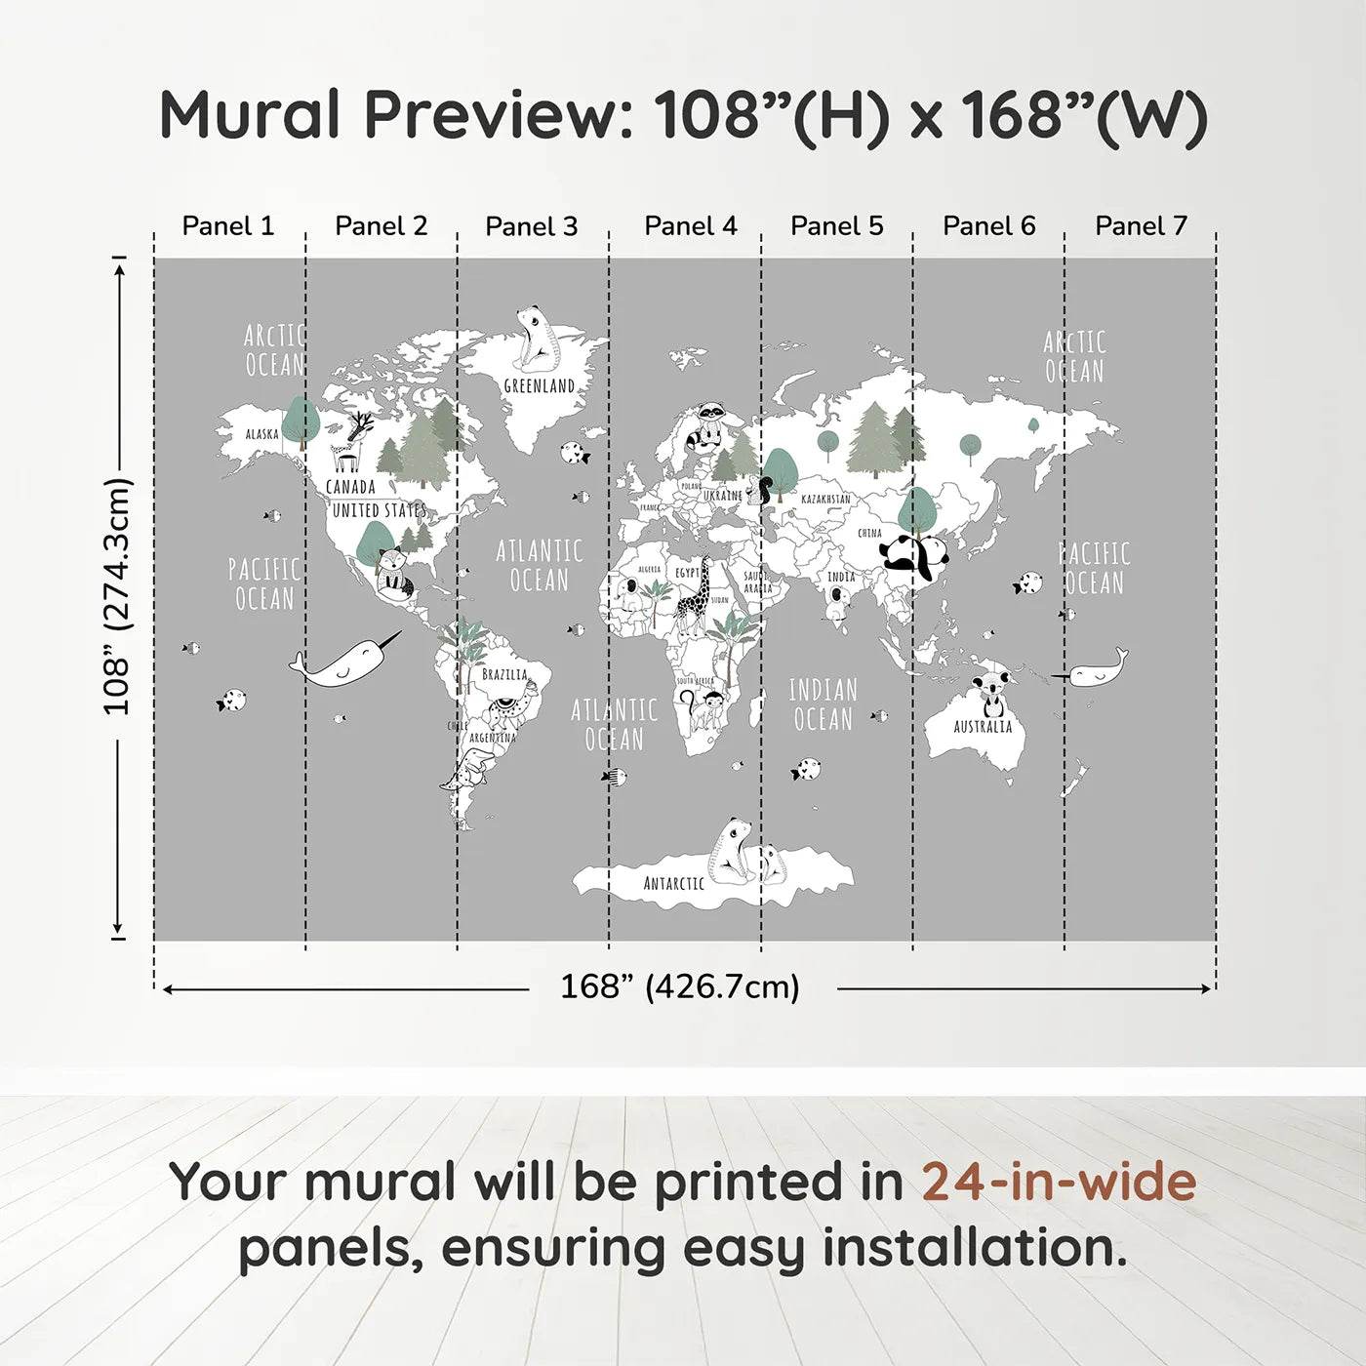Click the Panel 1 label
tap(228, 226)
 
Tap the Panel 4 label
tap(691, 226)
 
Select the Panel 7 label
tap(1141, 226)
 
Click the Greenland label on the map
tap(540, 385)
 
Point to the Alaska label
tap(261, 434)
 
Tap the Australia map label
tap(983, 727)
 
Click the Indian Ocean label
tap(823, 704)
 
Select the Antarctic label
tap(673, 883)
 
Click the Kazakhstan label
tap(825, 499)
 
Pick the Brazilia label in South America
tap(504, 674)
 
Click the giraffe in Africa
tap(695, 597)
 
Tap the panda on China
tap(914, 558)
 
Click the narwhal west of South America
tap(345, 663)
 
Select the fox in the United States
tap(393, 573)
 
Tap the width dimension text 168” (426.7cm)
tap(680, 987)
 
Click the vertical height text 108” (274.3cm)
tap(117, 596)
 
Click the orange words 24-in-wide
tap(1059, 1182)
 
